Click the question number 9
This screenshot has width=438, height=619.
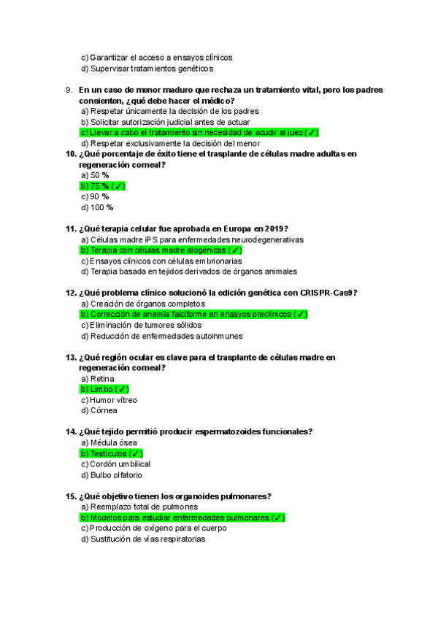point(69,90)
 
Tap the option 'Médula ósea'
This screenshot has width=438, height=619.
point(109,442)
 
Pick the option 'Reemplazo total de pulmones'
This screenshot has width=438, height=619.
point(139,507)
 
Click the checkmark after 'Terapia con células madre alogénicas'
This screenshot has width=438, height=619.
point(235,250)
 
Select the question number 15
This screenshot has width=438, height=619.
point(71,496)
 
